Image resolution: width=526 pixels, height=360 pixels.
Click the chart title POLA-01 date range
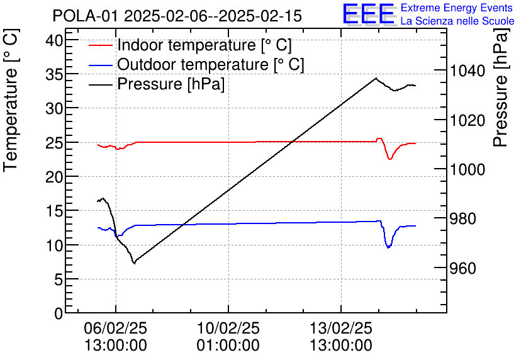coord(177,16)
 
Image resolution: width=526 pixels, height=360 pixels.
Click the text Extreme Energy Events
coord(457,8)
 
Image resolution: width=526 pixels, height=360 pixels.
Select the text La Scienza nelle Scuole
coord(457,21)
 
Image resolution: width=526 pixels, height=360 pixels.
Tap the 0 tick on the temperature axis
coord(60,313)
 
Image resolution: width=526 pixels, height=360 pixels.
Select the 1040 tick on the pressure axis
coord(468,70)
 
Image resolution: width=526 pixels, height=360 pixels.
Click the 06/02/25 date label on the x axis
coord(116,329)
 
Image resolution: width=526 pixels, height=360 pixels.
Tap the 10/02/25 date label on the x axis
coord(228,329)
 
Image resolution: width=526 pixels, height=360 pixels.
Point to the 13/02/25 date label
coord(341,329)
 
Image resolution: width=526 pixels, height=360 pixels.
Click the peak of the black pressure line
coord(376,78)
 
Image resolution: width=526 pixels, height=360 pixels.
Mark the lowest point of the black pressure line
coord(134,263)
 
